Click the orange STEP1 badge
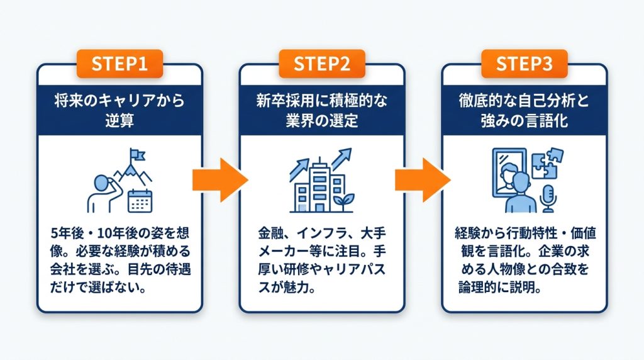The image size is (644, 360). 119,64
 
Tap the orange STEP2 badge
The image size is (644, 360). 321,64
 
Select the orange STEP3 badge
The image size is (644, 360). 524,64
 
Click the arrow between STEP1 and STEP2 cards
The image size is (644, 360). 220,180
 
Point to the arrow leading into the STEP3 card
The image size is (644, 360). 423,180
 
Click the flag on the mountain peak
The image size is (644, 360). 136,155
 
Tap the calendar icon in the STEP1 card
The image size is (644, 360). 140,201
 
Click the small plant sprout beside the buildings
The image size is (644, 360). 343,202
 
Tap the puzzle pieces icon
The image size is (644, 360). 547,163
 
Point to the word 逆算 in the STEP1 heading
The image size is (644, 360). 119,121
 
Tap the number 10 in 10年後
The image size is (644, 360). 104,233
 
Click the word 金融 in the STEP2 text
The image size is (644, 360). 270,233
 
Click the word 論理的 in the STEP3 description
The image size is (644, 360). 477,287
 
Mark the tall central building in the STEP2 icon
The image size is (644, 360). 319,184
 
